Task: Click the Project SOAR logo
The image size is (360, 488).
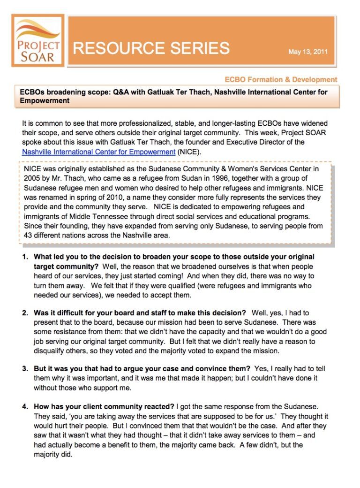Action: [x=37, y=41]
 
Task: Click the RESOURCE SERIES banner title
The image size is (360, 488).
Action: [x=151, y=48]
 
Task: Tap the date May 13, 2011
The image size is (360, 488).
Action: [x=308, y=52]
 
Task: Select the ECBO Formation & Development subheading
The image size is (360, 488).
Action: [x=281, y=79]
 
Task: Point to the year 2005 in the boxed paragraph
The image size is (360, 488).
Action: [x=31, y=178]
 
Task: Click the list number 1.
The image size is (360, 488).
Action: [x=25, y=257]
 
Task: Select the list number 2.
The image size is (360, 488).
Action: [x=25, y=313]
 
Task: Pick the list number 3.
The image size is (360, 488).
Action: [x=25, y=369]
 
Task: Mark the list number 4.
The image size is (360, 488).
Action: [x=25, y=406]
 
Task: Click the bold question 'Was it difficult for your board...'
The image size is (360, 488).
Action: [x=140, y=313]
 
